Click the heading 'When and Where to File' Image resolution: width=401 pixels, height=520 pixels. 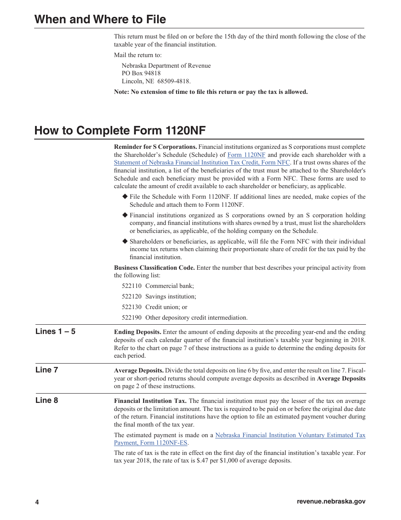click(x=100, y=19)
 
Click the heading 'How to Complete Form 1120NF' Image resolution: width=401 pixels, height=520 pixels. click(x=120, y=131)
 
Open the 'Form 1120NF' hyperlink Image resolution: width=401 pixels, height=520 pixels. click(x=246, y=155)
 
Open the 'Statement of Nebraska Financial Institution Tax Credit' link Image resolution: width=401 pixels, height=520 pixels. click(x=202, y=163)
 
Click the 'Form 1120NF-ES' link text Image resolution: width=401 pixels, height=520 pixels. click(x=151, y=443)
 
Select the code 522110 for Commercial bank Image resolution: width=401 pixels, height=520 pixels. click(x=131, y=286)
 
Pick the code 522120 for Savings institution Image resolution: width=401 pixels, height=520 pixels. click(x=131, y=297)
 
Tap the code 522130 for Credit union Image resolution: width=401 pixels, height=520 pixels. click(x=131, y=307)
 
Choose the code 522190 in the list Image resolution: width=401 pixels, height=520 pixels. click(x=131, y=318)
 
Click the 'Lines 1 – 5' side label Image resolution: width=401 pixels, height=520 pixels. click(x=55, y=331)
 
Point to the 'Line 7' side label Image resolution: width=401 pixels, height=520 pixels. click(x=46, y=370)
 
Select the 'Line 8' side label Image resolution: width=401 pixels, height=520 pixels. click(x=46, y=400)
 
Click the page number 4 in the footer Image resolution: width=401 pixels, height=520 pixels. click(x=37, y=502)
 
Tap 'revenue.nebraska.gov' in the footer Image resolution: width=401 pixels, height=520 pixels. click(x=331, y=501)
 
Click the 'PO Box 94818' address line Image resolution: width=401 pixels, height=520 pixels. click(x=141, y=74)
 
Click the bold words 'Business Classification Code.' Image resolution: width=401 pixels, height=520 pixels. click(x=154, y=268)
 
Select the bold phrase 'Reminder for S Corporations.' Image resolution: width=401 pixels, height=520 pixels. click(x=155, y=147)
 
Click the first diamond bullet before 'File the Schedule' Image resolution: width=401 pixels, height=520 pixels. click(x=125, y=197)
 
